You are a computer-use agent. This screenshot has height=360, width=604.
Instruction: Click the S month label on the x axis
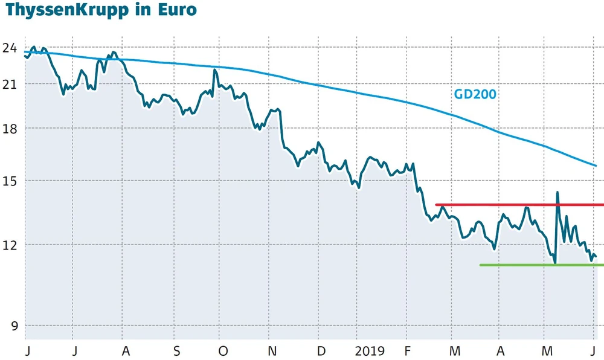click(x=176, y=351)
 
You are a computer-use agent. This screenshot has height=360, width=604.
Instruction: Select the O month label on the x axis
click(x=223, y=351)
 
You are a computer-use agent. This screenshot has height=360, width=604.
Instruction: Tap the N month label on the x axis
click(x=272, y=351)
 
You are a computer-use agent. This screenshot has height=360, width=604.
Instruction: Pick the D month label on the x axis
click(x=321, y=351)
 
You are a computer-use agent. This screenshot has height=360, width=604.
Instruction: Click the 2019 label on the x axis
click(x=369, y=351)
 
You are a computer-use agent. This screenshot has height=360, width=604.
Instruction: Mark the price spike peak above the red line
click(x=557, y=192)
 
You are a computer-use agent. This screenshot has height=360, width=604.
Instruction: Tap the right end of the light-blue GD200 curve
click(x=596, y=166)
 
